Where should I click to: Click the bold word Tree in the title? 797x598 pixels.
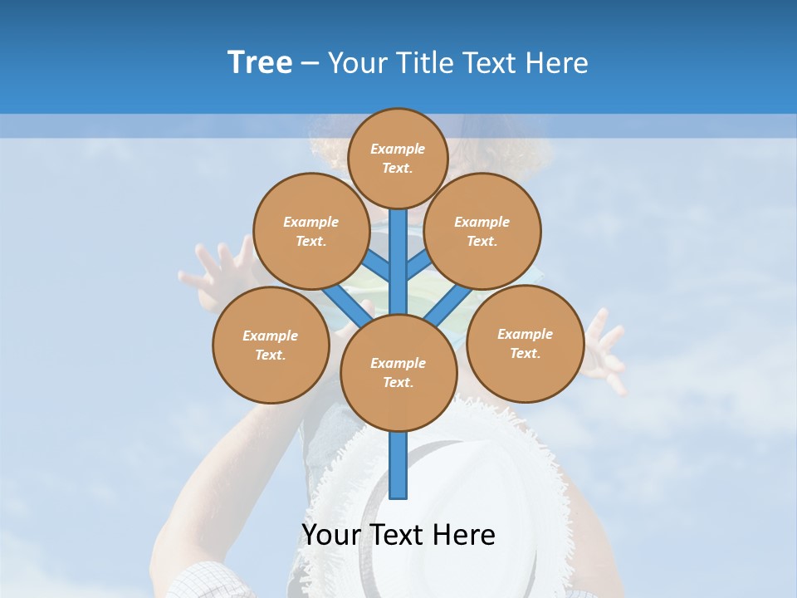click(260, 62)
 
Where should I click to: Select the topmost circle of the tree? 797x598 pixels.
click(398, 158)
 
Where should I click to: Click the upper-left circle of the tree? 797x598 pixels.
click(310, 231)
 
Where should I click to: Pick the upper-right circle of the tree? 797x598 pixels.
click(482, 231)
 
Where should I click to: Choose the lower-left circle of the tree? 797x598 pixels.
click(271, 345)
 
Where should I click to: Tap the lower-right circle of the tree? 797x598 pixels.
click(525, 343)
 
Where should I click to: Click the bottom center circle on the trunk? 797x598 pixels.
click(398, 372)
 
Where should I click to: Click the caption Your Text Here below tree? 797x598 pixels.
click(398, 535)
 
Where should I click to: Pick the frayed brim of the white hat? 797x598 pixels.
click(531, 465)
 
